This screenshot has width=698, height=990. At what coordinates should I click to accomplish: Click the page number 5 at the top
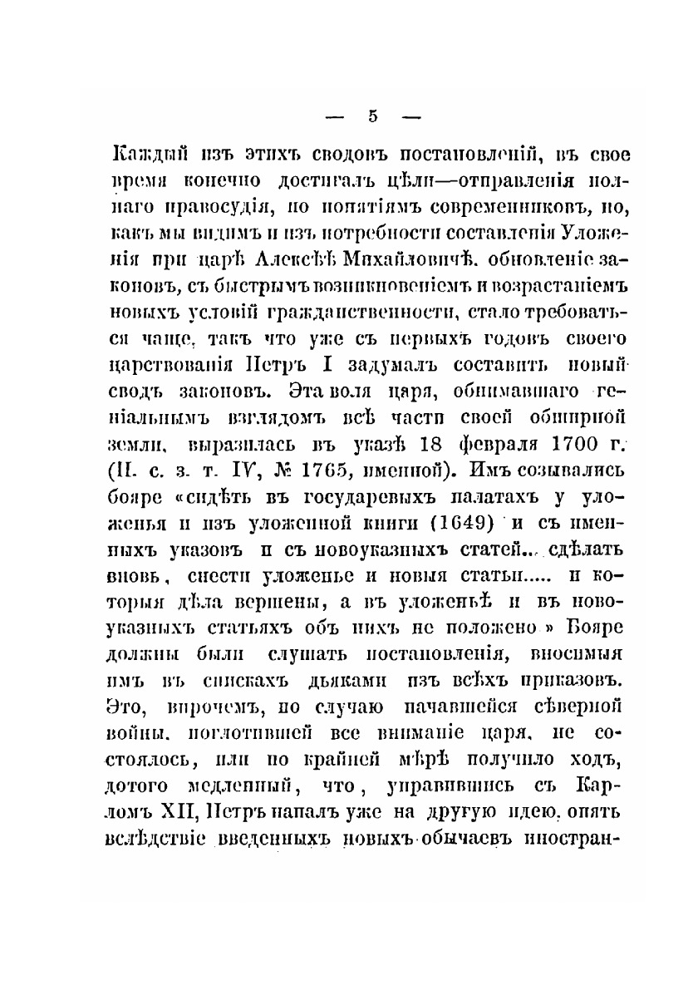click(x=373, y=117)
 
